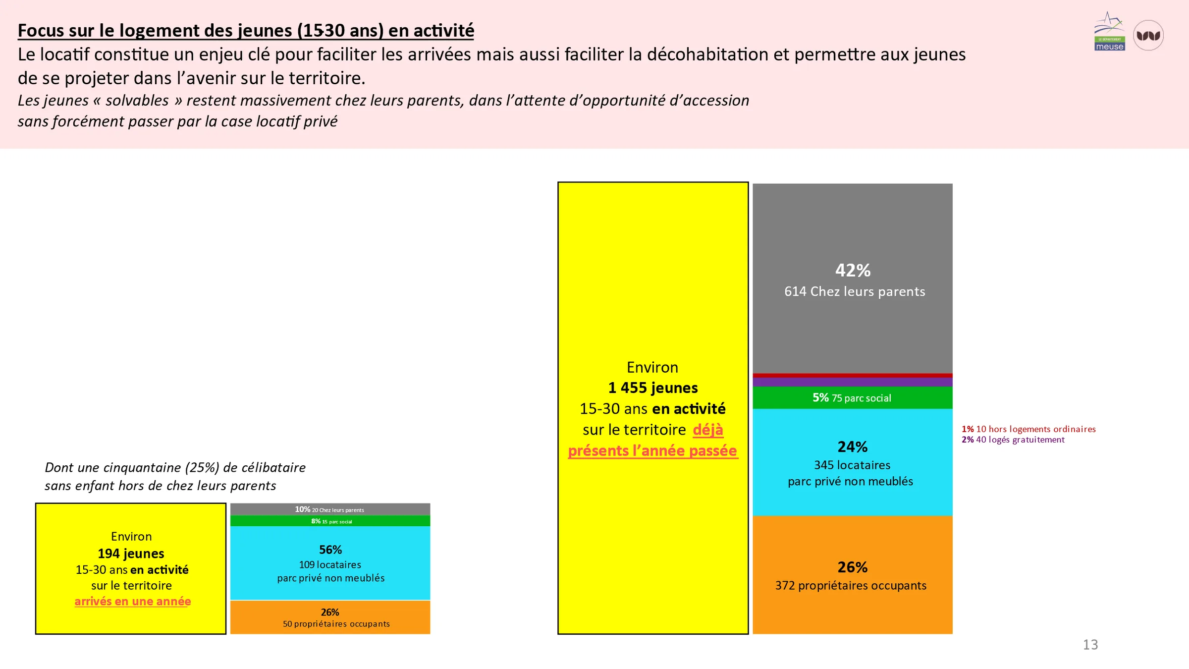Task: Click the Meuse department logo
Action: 1109,31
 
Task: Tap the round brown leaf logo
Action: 1148,35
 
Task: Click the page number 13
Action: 1090,645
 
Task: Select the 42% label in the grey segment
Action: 853,270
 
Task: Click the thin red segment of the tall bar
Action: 853,376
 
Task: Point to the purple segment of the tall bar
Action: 853,382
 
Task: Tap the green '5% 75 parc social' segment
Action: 853,397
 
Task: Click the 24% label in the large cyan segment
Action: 853,446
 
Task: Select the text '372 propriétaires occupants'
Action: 851,585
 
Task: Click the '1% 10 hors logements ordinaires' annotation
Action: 1028,429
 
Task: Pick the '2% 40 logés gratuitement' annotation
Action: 1013,440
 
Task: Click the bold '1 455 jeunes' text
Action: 653,388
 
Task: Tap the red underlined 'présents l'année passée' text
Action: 653,450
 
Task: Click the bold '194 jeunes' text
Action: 131,554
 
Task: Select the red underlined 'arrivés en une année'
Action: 133,601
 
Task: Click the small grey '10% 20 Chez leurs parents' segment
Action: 330,509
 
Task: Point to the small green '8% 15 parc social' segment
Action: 330,521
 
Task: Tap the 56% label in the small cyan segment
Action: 330,550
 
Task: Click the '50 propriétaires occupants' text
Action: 336,624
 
